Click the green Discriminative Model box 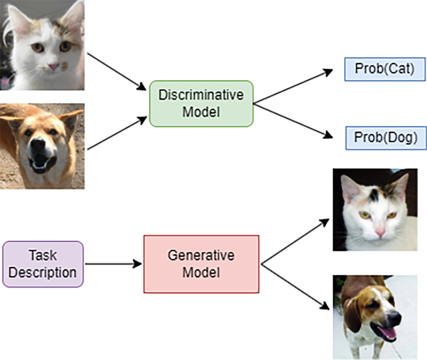(201, 103)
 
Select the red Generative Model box (201, 264)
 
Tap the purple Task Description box (43, 264)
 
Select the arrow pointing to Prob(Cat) (293, 87)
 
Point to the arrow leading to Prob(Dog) (293, 120)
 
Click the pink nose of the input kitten (53, 66)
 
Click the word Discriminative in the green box (201, 96)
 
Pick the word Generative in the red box (201, 256)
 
